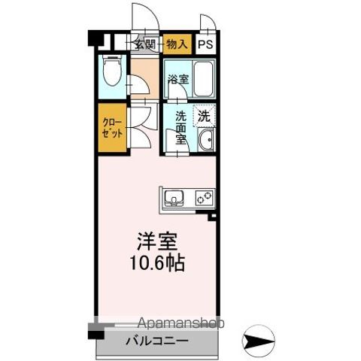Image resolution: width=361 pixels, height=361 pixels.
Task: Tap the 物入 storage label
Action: [177, 43]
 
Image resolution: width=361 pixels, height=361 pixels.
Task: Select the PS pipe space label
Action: [205, 44]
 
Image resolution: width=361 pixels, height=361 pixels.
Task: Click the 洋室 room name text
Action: [156, 243]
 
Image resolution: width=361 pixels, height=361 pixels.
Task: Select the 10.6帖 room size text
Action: [156, 265]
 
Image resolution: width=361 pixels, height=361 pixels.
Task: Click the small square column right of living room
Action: [214, 217]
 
